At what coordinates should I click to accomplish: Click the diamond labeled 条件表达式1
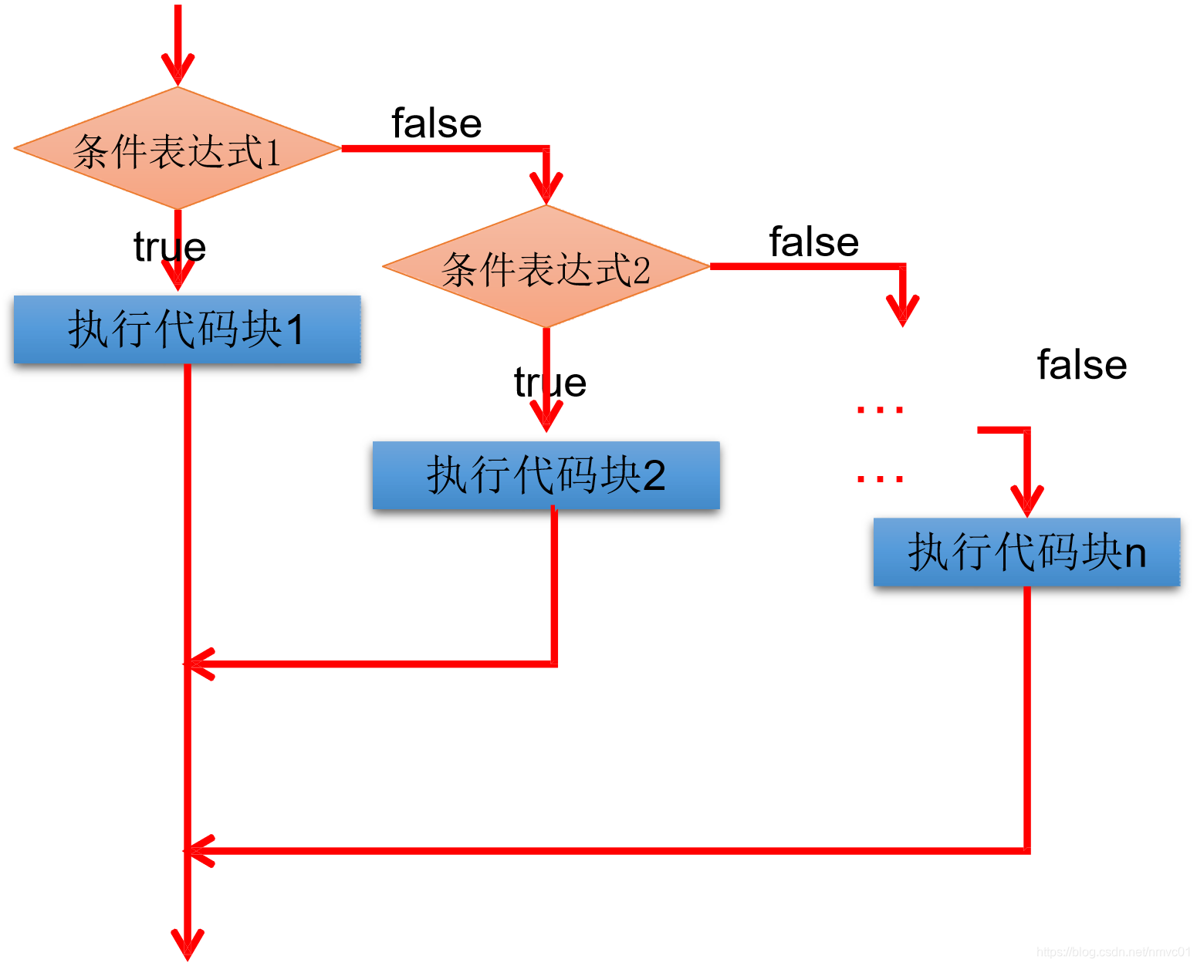pyautogui.click(x=178, y=149)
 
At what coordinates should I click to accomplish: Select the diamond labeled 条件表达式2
pyautogui.click(x=546, y=268)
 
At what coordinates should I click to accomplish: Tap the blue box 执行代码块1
pyautogui.click(x=187, y=329)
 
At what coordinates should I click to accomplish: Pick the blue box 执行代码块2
pyautogui.click(x=546, y=475)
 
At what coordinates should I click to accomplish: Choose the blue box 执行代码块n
pyautogui.click(x=1026, y=552)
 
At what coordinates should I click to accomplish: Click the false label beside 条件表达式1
pyautogui.click(x=437, y=123)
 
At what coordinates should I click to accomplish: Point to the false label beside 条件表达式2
pyautogui.click(x=814, y=242)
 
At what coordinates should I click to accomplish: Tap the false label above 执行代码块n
pyautogui.click(x=1081, y=365)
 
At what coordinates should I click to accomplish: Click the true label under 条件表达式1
pyautogui.click(x=170, y=248)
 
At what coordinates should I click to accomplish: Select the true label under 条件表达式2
pyautogui.click(x=550, y=383)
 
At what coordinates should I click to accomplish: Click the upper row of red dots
pyautogui.click(x=880, y=410)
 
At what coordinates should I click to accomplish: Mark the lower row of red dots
pyautogui.click(x=880, y=479)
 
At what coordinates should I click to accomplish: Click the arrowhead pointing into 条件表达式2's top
pyautogui.click(x=546, y=189)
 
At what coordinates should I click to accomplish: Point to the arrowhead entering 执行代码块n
pyautogui.click(x=1027, y=502)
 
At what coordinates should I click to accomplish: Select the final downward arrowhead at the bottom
pyautogui.click(x=188, y=945)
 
